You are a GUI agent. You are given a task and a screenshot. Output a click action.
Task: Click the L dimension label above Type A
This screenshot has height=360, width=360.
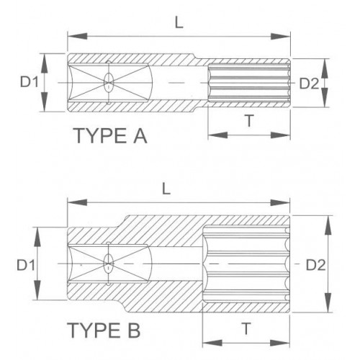click(x=179, y=22)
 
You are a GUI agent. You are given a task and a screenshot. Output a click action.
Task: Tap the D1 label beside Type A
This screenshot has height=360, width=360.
click(x=29, y=83)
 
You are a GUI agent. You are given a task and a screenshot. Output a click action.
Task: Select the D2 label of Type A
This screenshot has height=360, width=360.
click(x=309, y=83)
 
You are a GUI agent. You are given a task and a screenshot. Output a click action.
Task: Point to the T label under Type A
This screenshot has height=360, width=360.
click(x=248, y=122)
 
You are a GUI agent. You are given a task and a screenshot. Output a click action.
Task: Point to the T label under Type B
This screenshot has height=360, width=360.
click(x=246, y=328)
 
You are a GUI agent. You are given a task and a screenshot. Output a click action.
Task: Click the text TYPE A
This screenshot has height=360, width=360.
click(x=109, y=136)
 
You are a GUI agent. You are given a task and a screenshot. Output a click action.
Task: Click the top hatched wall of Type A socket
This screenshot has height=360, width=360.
click(x=144, y=59)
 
